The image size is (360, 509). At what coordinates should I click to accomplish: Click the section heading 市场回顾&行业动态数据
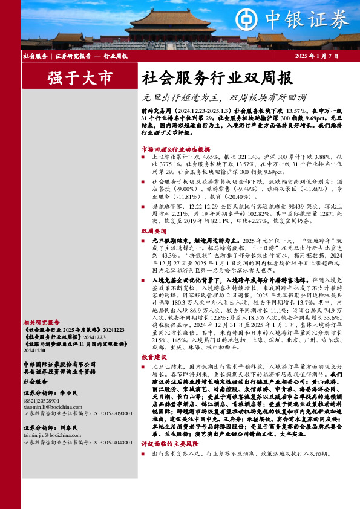click(x=175, y=149)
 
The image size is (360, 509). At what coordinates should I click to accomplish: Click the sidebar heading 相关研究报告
click(x=41, y=323)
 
